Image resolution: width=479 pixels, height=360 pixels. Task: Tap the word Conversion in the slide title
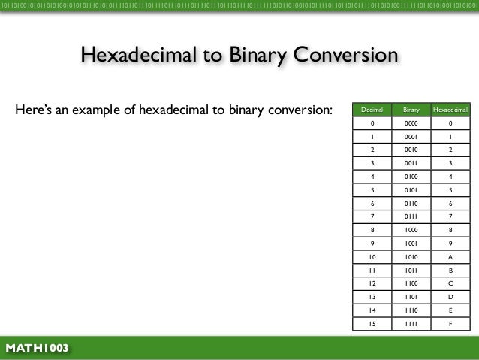[345, 55]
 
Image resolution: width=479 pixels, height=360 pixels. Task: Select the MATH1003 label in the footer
[37, 348]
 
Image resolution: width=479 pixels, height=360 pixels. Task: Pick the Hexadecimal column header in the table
[450, 110]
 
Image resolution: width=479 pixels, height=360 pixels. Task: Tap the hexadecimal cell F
[450, 324]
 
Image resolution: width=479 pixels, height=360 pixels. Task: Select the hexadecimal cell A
[450, 256]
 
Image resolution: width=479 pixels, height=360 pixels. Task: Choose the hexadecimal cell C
[450, 283]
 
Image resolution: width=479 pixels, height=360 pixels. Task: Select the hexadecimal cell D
[450, 297]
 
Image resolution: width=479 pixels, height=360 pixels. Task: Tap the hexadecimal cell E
[450, 310]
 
